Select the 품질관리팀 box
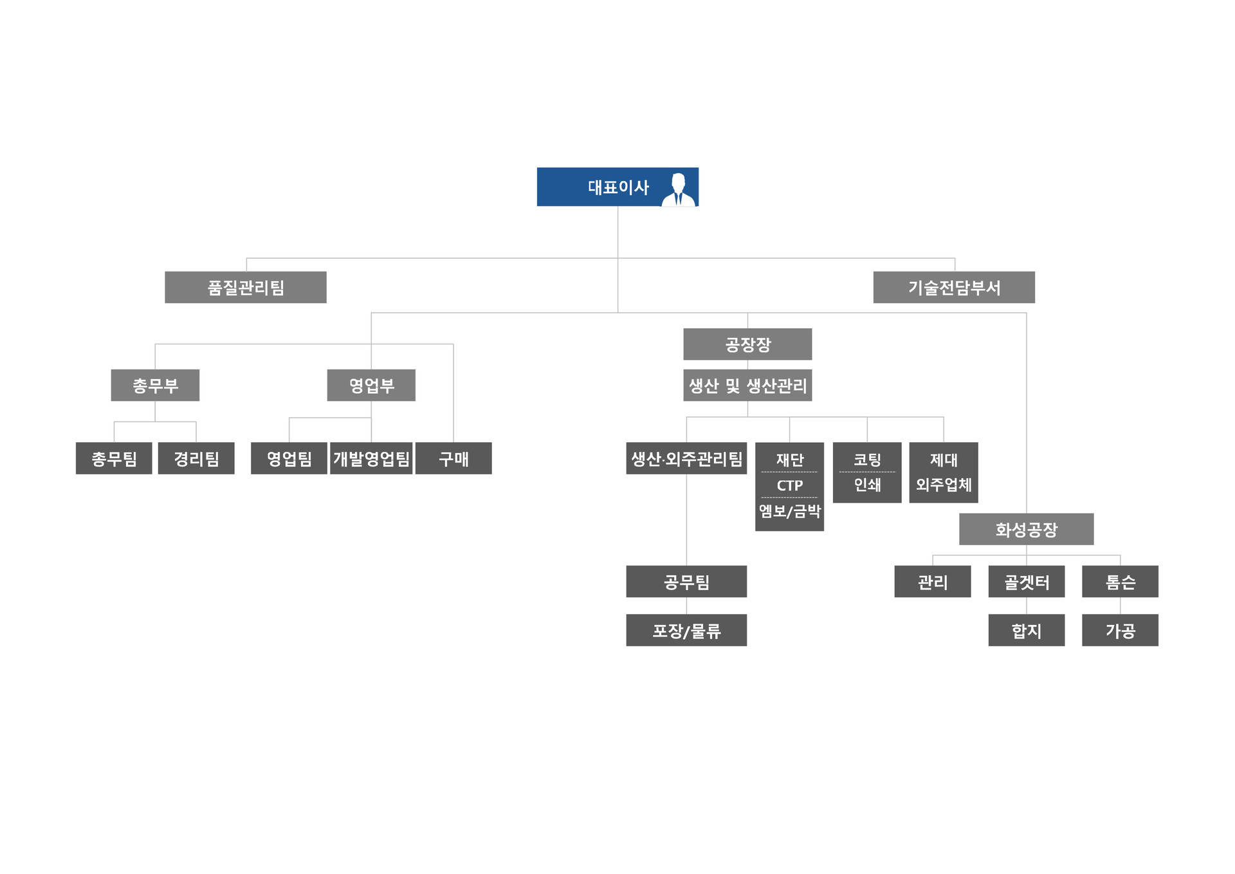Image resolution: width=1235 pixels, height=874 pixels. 246,288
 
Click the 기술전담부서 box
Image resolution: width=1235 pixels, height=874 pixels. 954,288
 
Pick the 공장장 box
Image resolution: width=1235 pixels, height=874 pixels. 747,344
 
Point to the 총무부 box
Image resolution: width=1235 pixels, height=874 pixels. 155,386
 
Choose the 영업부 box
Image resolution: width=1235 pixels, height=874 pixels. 371,386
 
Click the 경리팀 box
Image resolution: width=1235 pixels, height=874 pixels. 196,459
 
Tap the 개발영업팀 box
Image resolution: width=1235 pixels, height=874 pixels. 371,459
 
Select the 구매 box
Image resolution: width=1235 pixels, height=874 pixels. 453,459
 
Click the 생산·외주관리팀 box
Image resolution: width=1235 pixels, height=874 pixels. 686,459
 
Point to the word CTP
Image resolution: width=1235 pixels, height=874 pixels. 790,485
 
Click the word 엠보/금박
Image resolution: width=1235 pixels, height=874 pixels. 790,511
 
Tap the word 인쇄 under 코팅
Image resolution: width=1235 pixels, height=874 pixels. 867,485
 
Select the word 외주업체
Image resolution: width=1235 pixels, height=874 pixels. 944,485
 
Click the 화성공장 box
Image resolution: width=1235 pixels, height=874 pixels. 1026,530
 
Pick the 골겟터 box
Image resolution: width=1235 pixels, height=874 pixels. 1027,582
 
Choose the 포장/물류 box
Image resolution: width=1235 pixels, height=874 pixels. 686,631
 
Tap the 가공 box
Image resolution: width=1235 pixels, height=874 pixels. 1120,631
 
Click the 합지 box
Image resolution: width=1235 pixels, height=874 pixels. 1027,631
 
